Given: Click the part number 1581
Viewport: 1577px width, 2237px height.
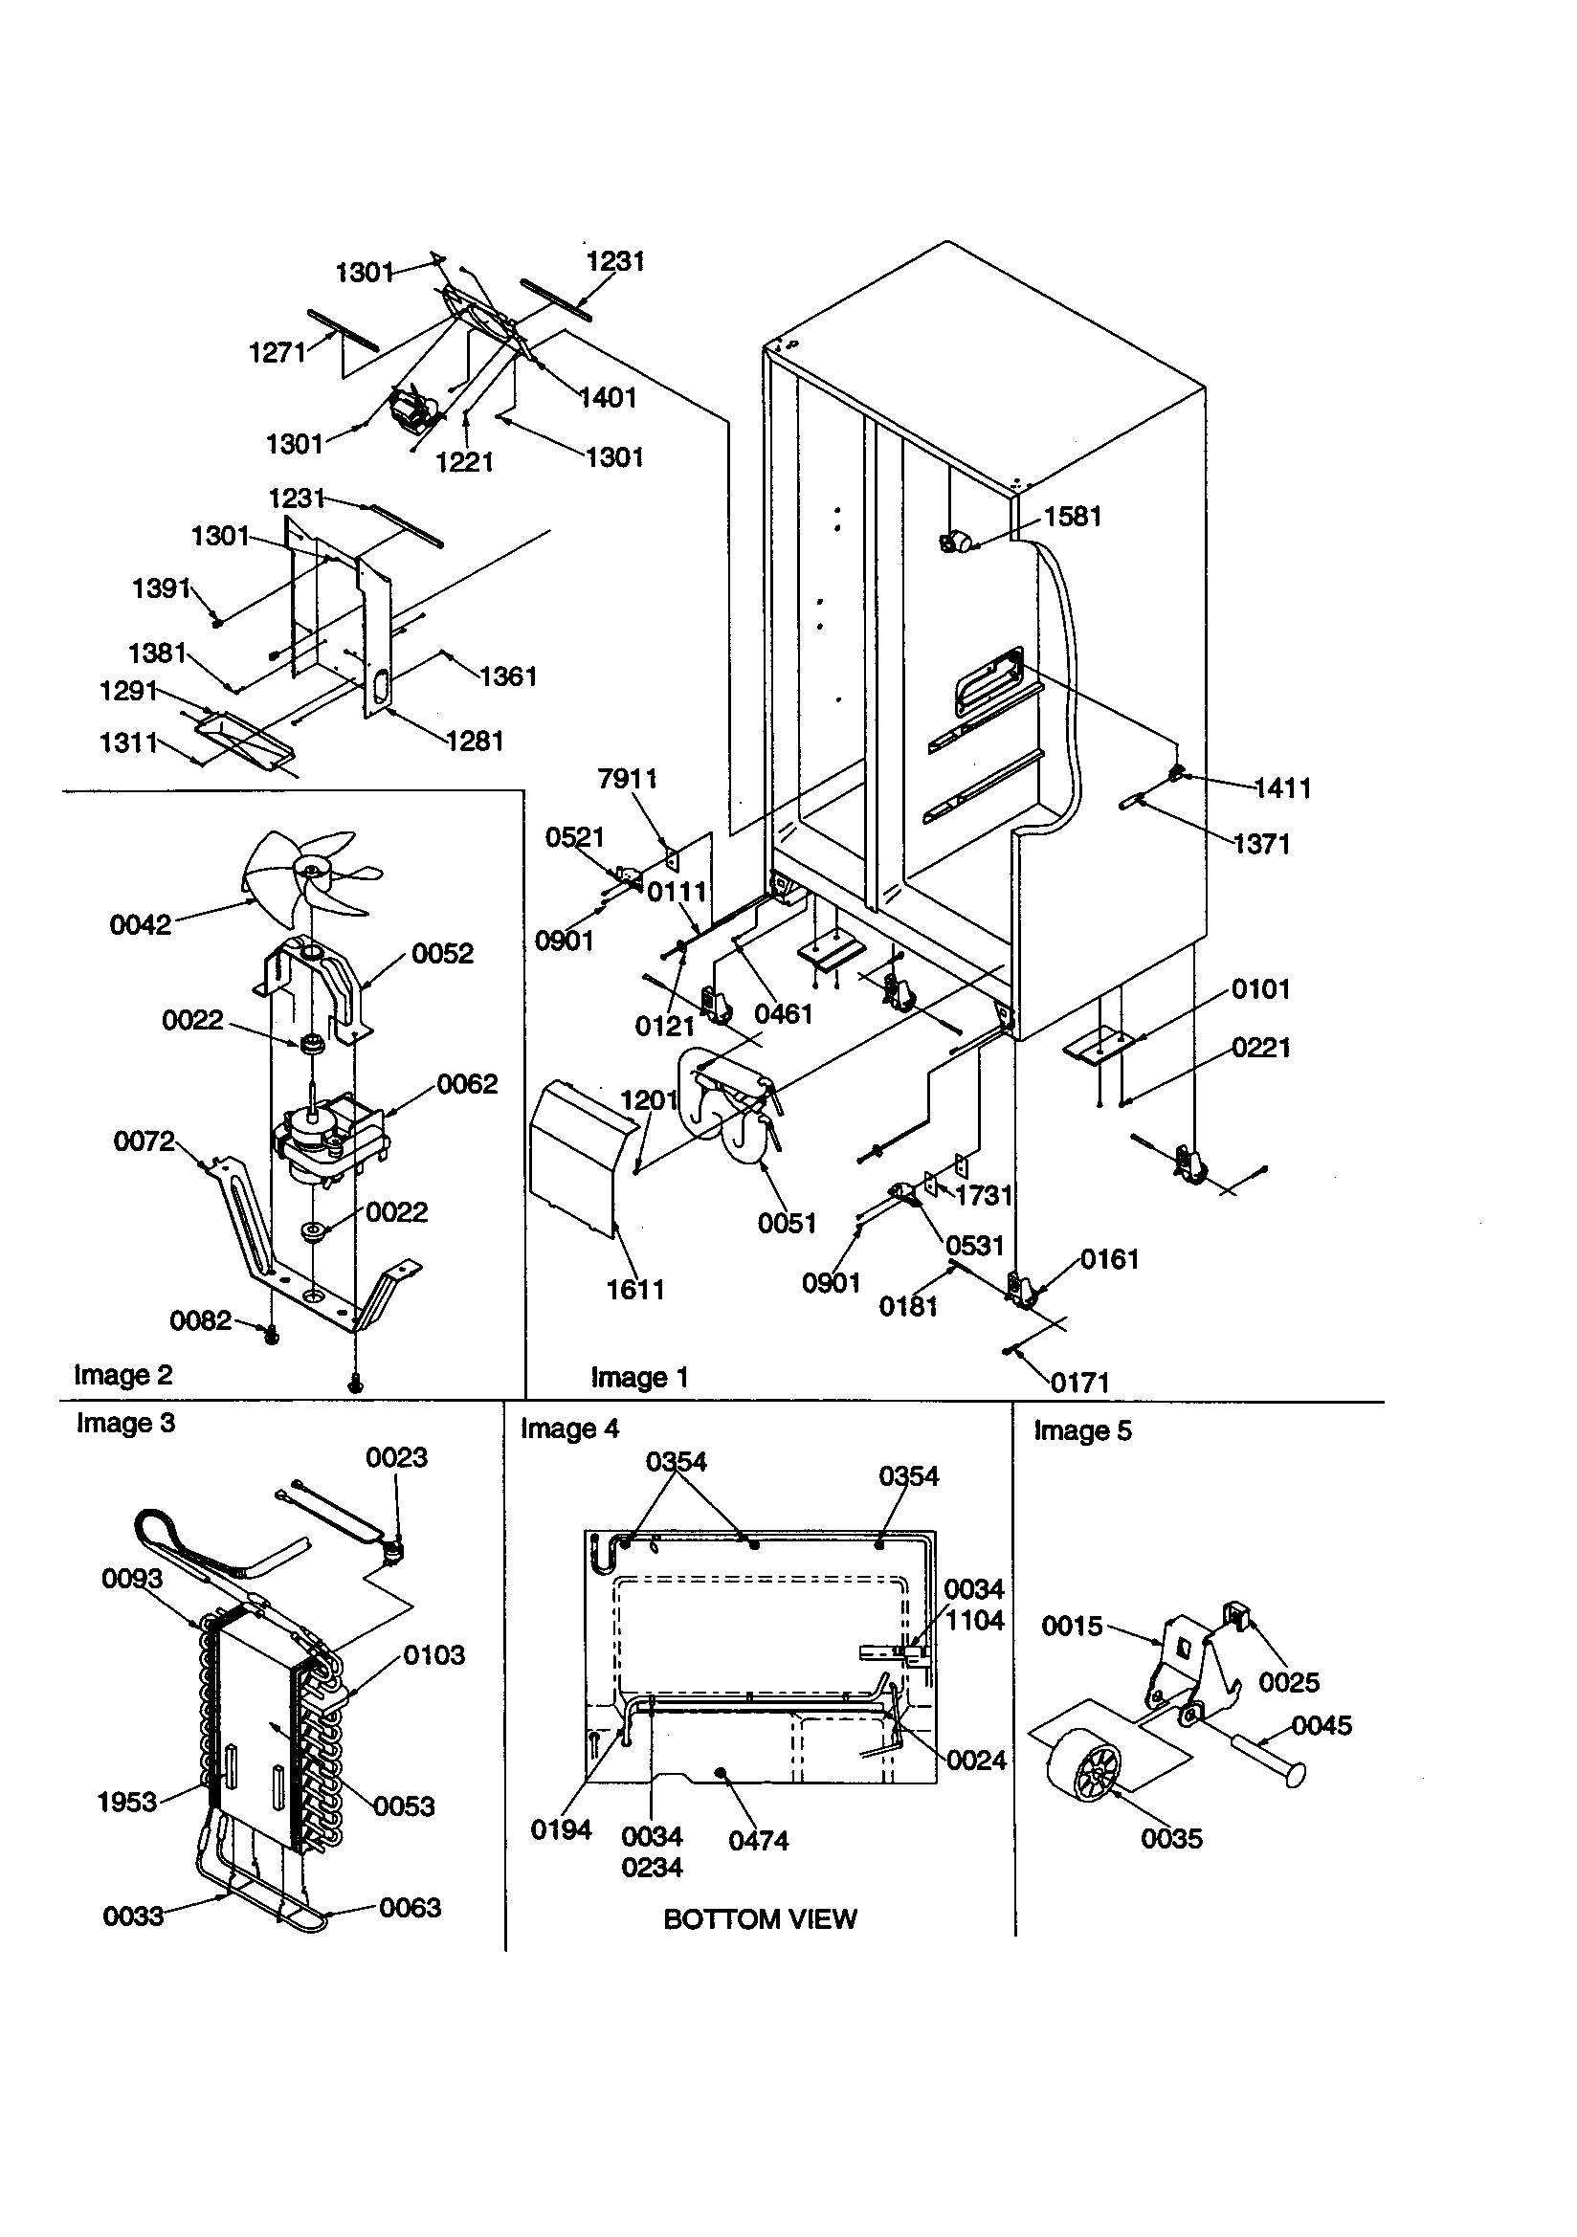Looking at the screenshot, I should [x=1072, y=517].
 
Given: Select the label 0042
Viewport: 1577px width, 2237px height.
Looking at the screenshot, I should [x=141, y=924].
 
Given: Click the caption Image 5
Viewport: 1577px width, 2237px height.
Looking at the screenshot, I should [x=1082, y=1431].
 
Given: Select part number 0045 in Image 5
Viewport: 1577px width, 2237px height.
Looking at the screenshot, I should [x=1322, y=1725].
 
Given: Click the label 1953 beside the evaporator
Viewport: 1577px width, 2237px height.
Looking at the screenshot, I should [x=126, y=1802].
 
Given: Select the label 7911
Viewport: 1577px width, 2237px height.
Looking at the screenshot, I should [x=628, y=779].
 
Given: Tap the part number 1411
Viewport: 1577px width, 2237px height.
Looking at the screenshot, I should [x=1281, y=788].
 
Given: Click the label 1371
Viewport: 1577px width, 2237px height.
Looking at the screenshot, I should [x=1261, y=844].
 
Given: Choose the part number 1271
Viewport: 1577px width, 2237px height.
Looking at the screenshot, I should [x=278, y=353].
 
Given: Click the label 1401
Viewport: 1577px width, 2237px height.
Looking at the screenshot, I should [x=608, y=397].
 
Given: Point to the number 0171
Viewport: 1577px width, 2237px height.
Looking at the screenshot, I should [x=1080, y=1383].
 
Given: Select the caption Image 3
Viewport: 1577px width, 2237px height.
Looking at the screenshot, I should [x=125, y=1424].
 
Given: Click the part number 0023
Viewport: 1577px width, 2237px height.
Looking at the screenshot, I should [x=396, y=1457].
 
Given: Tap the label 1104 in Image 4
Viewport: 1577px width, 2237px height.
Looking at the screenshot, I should [x=974, y=1620].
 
